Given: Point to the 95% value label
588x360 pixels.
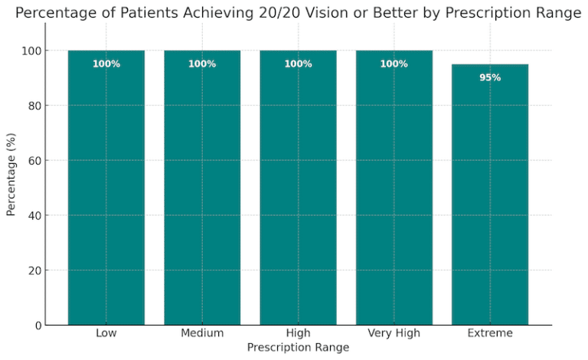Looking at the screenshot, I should (490, 77).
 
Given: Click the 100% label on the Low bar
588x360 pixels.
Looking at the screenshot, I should (106, 64).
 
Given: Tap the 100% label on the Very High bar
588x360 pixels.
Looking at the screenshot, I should (394, 64).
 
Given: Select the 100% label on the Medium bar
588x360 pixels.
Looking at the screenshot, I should (202, 64).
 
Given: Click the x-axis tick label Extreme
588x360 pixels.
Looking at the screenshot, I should (490, 333).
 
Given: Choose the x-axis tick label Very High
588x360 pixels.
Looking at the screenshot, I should (394, 333).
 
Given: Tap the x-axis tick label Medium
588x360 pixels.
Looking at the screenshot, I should (202, 333).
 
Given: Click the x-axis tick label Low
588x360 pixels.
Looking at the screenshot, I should (106, 333).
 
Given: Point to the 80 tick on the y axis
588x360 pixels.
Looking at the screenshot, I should (33, 106).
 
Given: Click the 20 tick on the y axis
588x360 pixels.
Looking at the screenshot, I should (33, 270).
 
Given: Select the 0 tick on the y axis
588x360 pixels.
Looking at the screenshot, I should (36, 326).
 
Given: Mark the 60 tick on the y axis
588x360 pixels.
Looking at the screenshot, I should (33, 161).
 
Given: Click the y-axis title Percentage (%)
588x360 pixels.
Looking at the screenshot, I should (11, 175).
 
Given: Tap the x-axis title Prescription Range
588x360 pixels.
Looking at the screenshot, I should (298, 347).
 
